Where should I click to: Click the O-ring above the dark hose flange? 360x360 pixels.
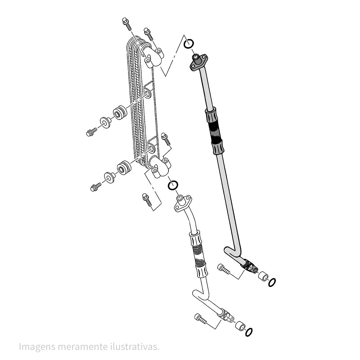tap(189, 44)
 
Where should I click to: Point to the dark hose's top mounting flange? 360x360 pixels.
tap(199, 62)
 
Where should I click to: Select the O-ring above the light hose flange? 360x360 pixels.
tap(173, 185)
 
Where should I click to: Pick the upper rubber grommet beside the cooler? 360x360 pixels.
tap(119, 113)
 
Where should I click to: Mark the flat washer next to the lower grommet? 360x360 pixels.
tap(109, 177)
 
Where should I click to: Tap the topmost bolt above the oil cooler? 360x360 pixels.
tap(127, 22)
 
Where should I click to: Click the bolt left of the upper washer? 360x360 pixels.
tap(91, 132)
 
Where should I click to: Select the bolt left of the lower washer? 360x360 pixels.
tap(96, 187)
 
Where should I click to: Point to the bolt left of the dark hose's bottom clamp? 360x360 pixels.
tap(224, 269)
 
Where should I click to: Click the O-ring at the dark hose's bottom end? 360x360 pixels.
tap(272, 282)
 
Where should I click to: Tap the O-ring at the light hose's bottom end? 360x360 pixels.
tap(248, 332)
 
